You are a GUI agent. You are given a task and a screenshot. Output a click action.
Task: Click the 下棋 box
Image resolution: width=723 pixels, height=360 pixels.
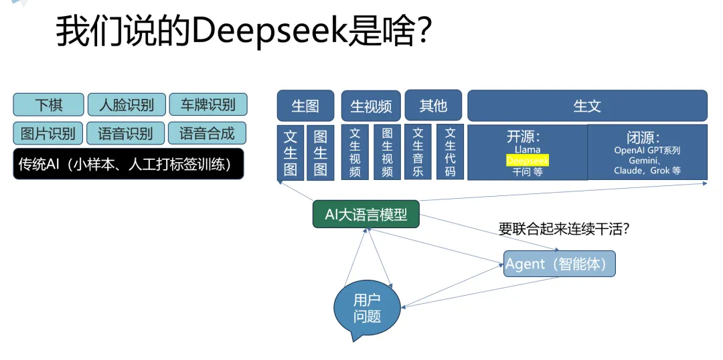point(48,104)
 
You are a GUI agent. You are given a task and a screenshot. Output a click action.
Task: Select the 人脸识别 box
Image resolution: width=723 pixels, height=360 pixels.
point(127,104)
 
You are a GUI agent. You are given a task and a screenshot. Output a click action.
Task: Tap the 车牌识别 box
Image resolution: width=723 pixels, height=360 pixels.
point(208,104)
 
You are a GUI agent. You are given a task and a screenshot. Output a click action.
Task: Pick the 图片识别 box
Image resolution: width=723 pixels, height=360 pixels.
point(48,133)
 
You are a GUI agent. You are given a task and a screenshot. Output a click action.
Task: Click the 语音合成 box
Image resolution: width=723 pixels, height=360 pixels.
point(207,133)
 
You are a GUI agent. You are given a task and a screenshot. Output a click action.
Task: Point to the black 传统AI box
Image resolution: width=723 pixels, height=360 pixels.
point(128,164)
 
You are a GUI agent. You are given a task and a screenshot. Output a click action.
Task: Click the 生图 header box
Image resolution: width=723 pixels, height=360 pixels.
point(305,106)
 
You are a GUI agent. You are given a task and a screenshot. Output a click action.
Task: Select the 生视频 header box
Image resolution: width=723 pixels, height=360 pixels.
point(371,106)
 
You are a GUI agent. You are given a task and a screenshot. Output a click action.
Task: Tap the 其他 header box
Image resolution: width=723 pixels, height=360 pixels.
point(433,105)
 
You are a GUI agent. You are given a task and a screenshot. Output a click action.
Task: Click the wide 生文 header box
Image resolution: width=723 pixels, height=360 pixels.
point(587,106)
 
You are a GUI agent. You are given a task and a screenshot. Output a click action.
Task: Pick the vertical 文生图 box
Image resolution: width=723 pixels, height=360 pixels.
point(291,153)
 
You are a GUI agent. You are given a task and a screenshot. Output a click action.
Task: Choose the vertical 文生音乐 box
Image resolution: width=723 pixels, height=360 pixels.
point(418,153)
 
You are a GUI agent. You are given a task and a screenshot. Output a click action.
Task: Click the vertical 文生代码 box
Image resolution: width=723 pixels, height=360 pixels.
point(450,153)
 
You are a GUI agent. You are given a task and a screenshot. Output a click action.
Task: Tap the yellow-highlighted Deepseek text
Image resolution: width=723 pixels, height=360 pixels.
point(527,161)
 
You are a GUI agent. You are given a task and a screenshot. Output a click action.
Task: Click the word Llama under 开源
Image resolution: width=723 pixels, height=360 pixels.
point(528,150)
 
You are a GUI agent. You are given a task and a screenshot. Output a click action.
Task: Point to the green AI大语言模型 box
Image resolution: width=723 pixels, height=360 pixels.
point(366,214)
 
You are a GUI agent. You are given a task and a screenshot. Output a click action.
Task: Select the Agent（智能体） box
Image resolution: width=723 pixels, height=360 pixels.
point(559,264)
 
